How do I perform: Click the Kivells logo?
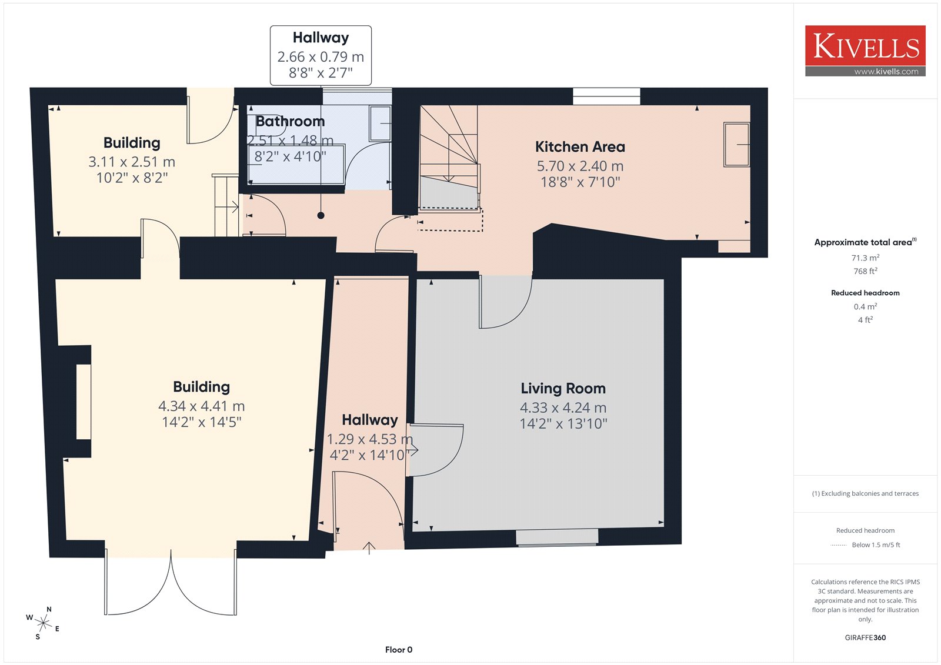[865, 51]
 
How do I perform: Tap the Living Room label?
[563, 389]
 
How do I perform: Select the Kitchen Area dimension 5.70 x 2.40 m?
[580, 166]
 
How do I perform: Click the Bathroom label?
[291, 121]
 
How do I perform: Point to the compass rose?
[43, 623]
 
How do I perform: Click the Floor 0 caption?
[399, 650]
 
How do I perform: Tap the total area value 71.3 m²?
[865, 258]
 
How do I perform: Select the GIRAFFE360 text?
[865, 637]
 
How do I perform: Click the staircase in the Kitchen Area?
[449, 157]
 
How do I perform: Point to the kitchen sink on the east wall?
[736, 145]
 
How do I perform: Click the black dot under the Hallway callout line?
[321, 216]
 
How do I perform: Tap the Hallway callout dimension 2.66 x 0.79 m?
[321, 56]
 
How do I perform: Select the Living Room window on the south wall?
[556, 537]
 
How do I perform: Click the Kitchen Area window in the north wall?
[606, 96]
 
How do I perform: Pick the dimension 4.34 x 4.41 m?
[201, 406]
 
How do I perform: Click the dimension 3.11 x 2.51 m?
[132, 162]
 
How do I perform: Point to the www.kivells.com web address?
[886, 71]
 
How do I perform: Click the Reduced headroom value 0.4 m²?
[865, 306]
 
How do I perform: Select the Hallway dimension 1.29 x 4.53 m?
[370, 439]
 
